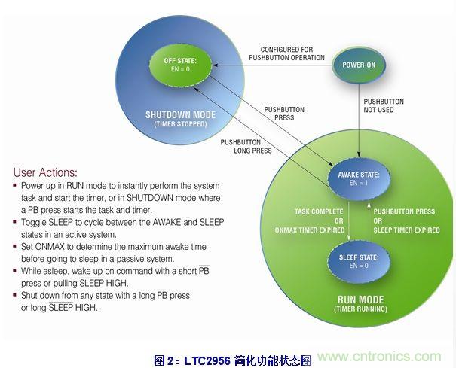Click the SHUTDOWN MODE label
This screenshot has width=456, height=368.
(180, 115)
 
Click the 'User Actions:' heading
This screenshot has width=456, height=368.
(45, 172)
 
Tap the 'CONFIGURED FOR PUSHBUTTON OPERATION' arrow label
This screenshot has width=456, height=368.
(286, 53)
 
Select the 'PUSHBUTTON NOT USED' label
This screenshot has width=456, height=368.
(384, 105)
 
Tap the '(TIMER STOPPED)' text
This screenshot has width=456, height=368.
(180, 123)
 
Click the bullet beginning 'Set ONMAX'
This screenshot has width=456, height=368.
(113, 252)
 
